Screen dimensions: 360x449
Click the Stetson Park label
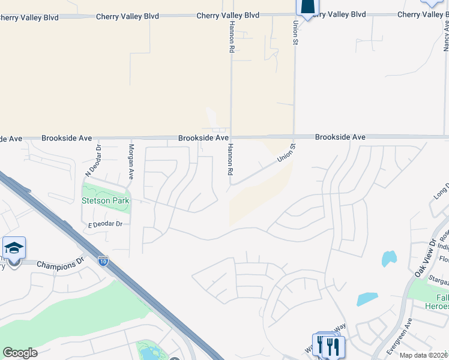coord(106,201)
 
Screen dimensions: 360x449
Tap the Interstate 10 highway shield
coord(103,261)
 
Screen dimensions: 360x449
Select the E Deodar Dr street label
coord(105,224)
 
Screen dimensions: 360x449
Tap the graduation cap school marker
coord(14,248)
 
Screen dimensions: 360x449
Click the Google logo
coord(20,353)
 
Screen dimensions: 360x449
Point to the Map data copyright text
coord(424,355)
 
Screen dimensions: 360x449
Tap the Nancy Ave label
coord(446,34)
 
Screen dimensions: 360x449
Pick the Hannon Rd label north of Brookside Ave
coord(231,35)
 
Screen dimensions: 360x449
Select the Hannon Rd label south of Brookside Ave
coord(229,160)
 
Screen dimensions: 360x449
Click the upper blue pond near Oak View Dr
coord(389,259)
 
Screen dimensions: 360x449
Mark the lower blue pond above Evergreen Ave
coord(367,299)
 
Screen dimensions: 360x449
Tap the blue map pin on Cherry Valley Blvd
coord(307,7)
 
